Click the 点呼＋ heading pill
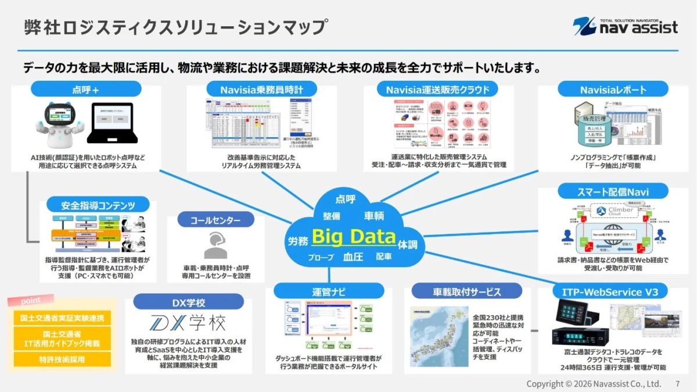coord(86,89)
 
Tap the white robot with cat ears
coord(59,123)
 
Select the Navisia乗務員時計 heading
coord(261,89)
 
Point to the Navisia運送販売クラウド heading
coord(438,89)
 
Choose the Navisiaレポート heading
coord(613,90)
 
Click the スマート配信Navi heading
coord(613,191)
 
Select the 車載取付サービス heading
coord(466,291)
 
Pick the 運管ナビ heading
coord(328,291)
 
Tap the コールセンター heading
coord(215,220)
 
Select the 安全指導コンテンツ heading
coord(98,205)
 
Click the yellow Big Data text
coord(353,236)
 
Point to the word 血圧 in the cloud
coord(353,256)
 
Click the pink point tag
coord(31,301)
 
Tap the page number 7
coord(678,384)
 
